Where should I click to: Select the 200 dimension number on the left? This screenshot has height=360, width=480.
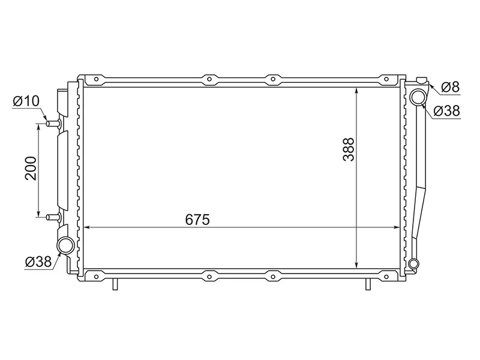point(32,169)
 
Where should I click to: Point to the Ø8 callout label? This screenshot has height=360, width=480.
point(450,88)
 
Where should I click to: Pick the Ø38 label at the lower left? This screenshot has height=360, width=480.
point(38,261)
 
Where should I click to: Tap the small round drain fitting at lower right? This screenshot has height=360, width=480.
point(413,264)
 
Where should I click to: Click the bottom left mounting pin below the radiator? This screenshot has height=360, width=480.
point(114,284)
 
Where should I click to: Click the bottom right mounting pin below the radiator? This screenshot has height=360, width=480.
point(367,284)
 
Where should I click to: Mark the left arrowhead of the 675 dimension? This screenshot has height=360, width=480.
point(85,227)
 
